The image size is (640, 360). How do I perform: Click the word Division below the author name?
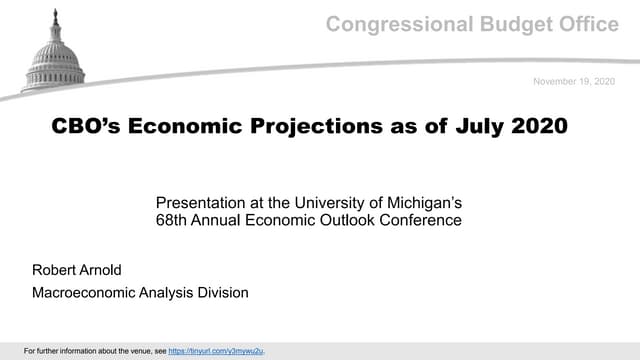coord(220,292)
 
